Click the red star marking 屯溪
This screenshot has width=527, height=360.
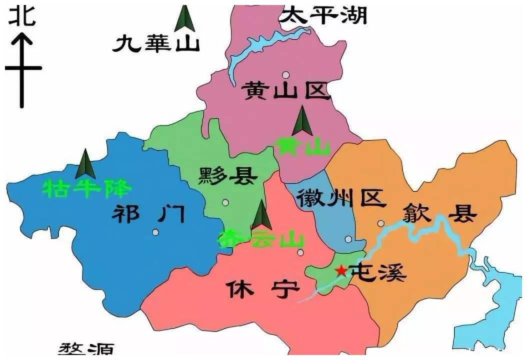(x=341, y=270)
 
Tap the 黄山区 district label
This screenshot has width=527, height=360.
(x=286, y=91)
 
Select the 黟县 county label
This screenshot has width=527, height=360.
(x=228, y=176)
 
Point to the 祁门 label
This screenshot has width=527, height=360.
(x=148, y=215)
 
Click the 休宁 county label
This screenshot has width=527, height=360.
(x=263, y=288)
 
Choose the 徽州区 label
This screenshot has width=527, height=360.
(x=341, y=198)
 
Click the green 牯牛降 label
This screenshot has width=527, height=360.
(x=87, y=189)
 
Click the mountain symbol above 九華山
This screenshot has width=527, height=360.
(x=185, y=18)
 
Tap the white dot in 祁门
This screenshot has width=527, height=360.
(x=156, y=232)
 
